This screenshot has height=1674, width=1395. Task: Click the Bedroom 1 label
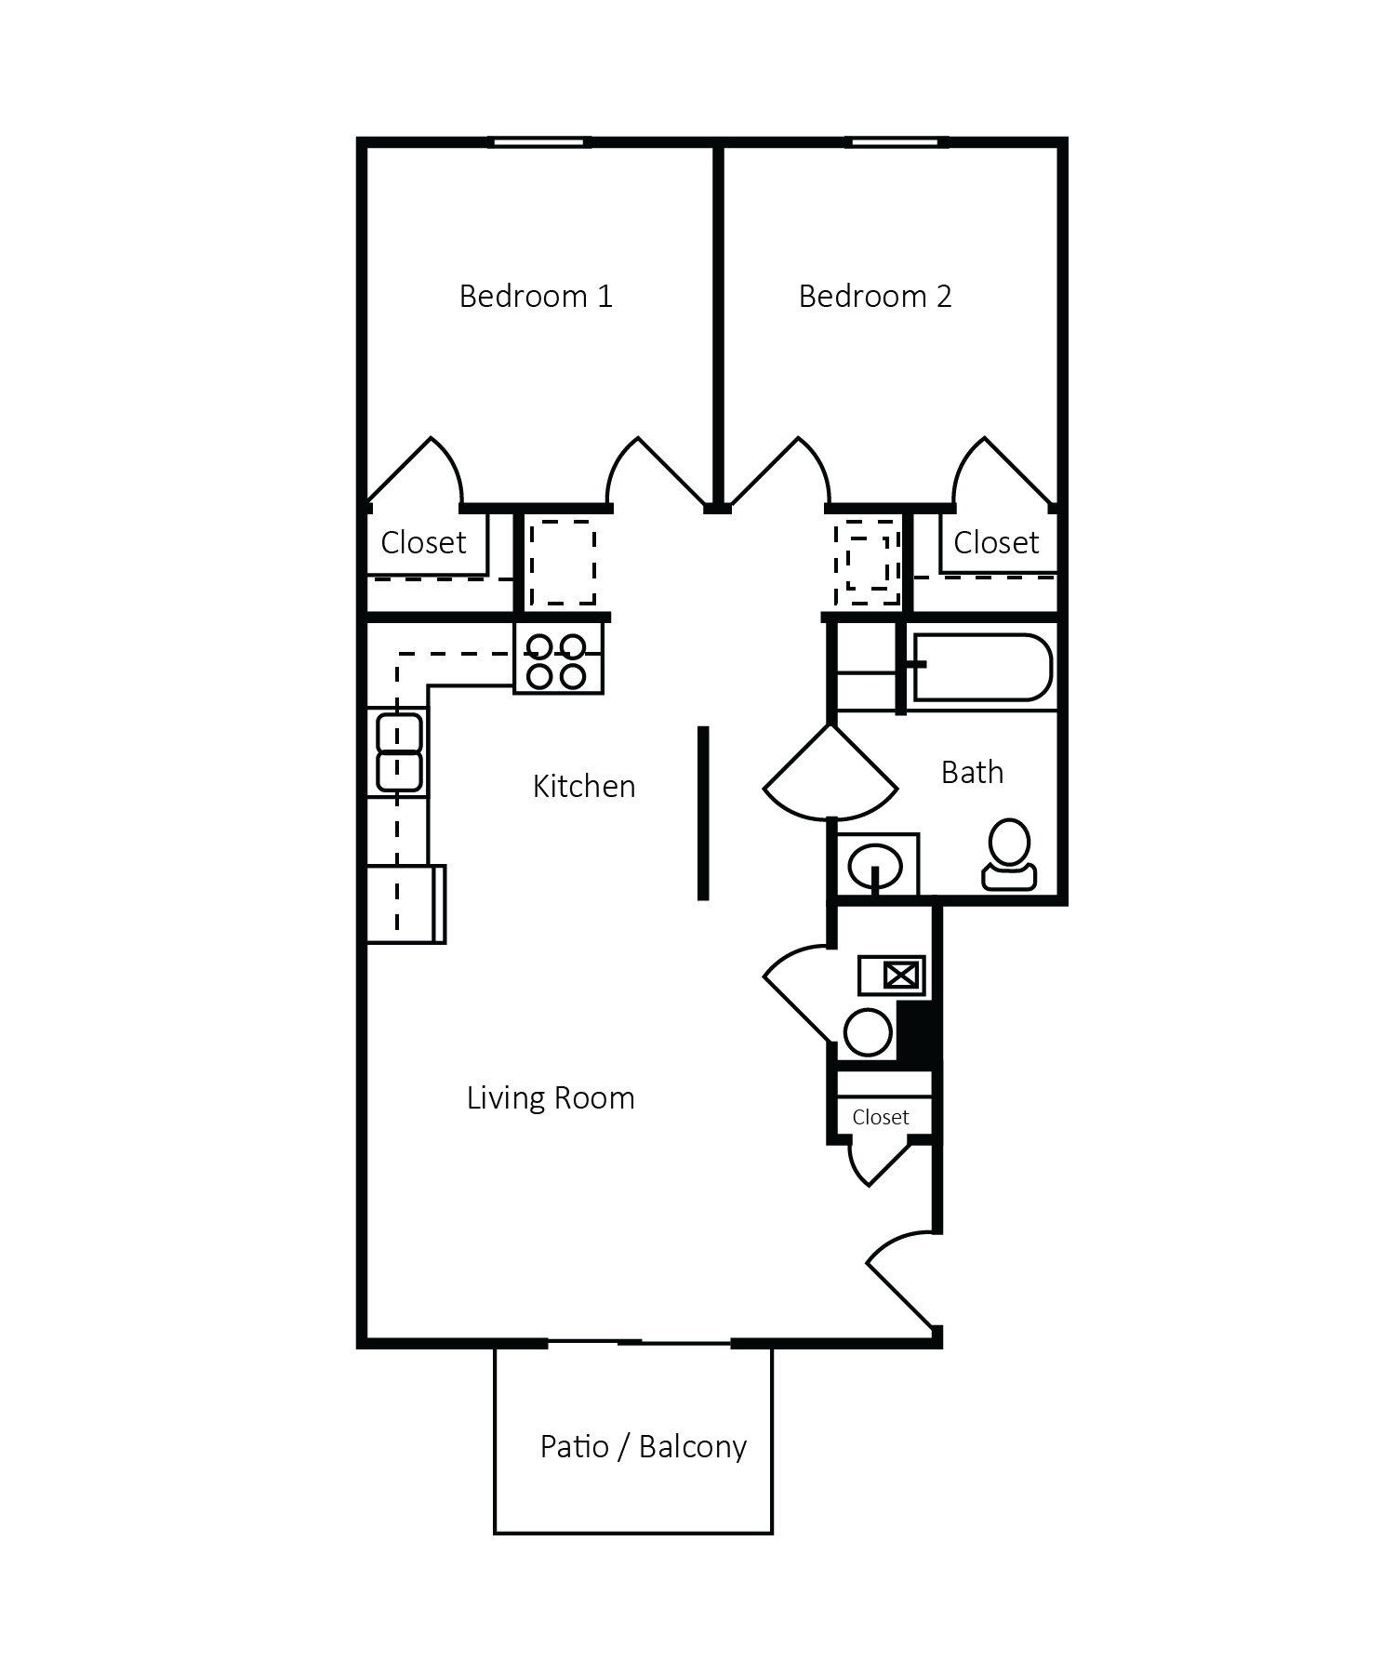pyautogui.click(x=536, y=297)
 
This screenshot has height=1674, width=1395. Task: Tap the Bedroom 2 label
pyautogui.click(x=875, y=297)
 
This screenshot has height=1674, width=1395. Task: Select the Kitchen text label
pyautogui.click(x=584, y=787)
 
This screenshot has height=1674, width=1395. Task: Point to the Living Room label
pyautogui.click(x=551, y=1098)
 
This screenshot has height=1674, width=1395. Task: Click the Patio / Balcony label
pyautogui.click(x=644, y=1447)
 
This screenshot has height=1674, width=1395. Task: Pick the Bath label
pyautogui.click(x=972, y=773)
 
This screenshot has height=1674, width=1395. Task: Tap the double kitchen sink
pyautogui.click(x=399, y=751)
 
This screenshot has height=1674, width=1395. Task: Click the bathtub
pyautogui.click(x=982, y=668)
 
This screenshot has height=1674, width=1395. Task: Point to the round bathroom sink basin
pyautogui.click(x=874, y=866)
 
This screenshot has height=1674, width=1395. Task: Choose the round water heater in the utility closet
pyautogui.click(x=868, y=1032)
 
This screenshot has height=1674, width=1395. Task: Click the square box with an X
pyautogui.click(x=901, y=976)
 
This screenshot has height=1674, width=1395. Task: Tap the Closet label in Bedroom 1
pyautogui.click(x=423, y=543)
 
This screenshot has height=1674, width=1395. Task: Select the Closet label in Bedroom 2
pyautogui.click(x=996, y=543)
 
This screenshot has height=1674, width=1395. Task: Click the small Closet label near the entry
pyautogui.click(x=880, y=1118)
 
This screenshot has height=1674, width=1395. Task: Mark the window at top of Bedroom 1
pyautogui.click(x=539, y=142)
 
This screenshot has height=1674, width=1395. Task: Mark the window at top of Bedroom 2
pyautogui.click(x=897, y=142)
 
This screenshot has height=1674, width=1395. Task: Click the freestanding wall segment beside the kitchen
pyautogui.click(x=703, y=814)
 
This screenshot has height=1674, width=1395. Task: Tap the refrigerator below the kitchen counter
pyautogui.click(x=405, y=904)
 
